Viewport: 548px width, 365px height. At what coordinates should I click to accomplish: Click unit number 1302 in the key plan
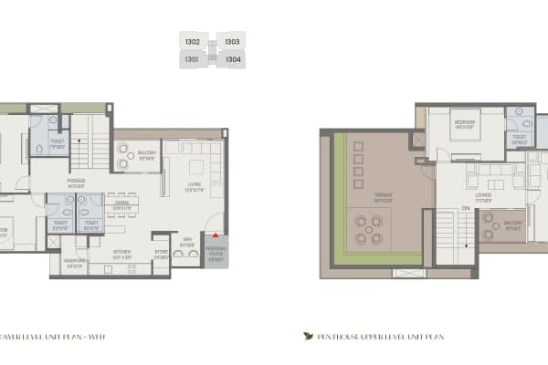click(193, 42)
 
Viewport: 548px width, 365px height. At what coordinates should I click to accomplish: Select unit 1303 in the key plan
click(232, 42)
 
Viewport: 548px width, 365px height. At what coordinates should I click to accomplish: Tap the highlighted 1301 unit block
click(192, 60)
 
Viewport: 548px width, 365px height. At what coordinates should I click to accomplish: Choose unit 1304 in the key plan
click(233, 60)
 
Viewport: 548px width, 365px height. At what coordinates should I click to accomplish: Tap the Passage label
click(77, 182)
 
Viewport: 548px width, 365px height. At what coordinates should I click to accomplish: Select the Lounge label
click(484, 193)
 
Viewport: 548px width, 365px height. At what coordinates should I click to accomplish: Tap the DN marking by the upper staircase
click(465, 209)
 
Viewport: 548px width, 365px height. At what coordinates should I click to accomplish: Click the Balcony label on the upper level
click(513, 222)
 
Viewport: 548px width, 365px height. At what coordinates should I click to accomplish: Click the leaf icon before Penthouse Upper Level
click(308, 336)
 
